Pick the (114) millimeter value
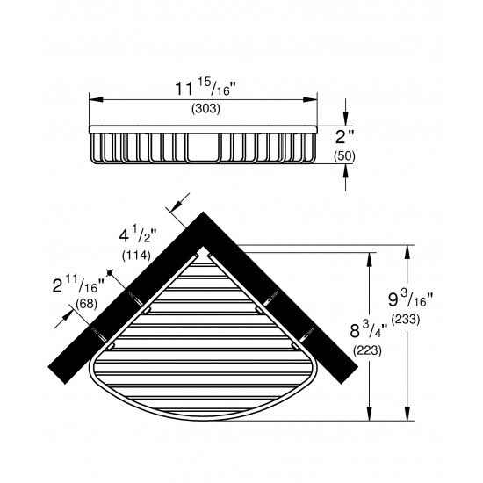click(x=134, y=256)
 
